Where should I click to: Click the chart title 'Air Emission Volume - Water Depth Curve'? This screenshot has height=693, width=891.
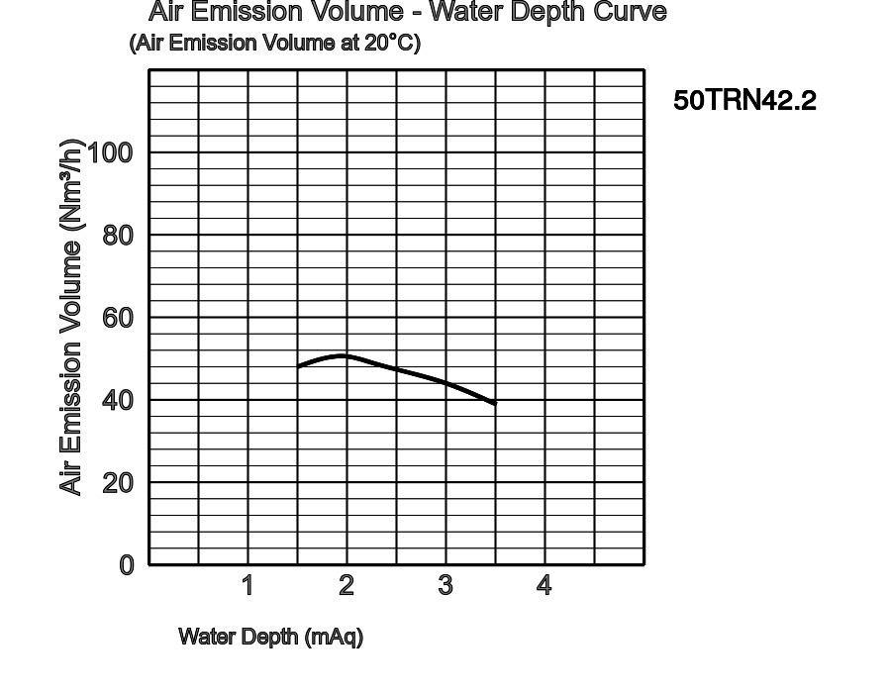407,12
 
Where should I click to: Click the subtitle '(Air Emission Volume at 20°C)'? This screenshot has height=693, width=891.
274,44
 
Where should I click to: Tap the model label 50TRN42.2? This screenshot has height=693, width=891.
744,101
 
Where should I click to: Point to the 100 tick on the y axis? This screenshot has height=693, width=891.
111,152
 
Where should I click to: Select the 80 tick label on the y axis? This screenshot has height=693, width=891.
119,236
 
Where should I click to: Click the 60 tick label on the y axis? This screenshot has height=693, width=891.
119,318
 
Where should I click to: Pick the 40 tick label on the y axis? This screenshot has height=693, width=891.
119,400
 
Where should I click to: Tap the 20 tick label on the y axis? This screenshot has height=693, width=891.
119,483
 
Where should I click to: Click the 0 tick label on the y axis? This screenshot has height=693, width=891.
127,565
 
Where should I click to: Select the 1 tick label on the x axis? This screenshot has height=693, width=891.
247,586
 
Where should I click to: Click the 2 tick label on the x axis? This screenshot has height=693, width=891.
346,586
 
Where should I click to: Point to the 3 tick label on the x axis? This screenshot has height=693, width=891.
445,586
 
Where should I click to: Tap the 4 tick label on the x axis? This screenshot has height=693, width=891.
544,586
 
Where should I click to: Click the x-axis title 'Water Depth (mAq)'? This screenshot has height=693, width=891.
270,637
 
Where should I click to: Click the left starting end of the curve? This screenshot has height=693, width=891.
299,367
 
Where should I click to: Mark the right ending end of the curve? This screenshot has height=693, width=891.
494,404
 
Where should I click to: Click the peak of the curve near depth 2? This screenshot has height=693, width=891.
344,355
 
